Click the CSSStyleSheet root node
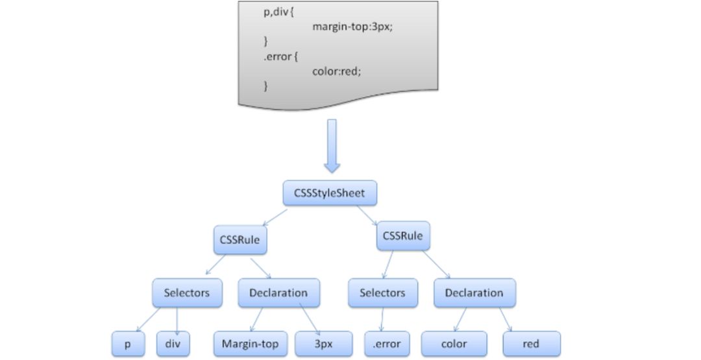330,193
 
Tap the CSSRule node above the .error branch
404,236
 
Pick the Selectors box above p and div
187,293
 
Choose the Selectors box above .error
382,293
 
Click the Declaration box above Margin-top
278,293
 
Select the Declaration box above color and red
474,293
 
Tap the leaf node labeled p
127,344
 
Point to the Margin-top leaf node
250,344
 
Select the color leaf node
454,344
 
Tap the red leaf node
530,344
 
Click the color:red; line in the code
336,71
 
